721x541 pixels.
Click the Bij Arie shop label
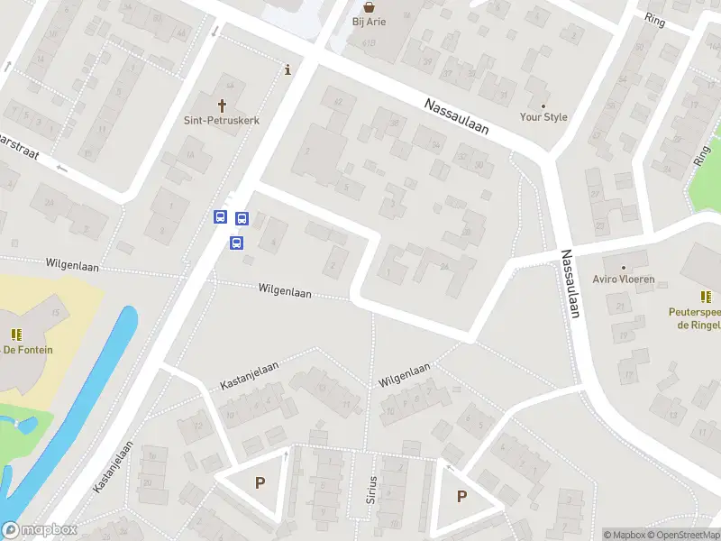(x=370, y=22)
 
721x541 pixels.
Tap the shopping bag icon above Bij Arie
(x=370, y=5)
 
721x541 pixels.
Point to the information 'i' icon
(x=287, y=69)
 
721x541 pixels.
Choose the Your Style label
(x=543, y=117)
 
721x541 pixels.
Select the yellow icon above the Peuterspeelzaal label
(x=707, y=296)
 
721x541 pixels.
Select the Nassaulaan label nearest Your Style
(x=457, y=116)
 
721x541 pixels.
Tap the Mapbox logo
(x=40, y=530)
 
